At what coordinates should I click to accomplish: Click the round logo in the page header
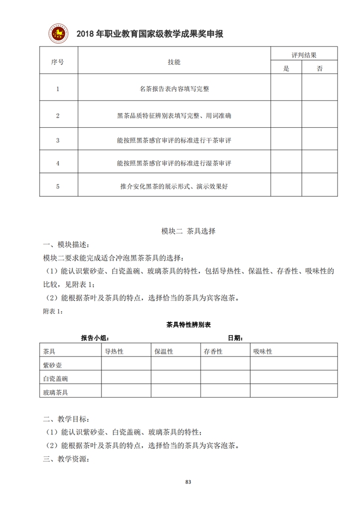tap(59, 33)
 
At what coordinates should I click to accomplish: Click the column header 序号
tap(58, 62)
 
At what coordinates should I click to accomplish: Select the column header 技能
tap(174, 62)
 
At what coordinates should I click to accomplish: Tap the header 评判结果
tap(304, 55)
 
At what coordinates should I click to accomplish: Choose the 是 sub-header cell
tap(286, 69)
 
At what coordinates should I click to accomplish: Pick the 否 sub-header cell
tap(319, 69)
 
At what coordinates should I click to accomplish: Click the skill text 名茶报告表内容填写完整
tap(174, 89)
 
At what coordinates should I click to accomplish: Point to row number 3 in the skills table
tap(58, 141)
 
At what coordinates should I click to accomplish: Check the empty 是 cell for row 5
tap(286, 186)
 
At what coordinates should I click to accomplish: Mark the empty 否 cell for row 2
tap(319, 115)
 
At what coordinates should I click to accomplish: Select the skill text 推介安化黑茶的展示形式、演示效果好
tap(174, 186)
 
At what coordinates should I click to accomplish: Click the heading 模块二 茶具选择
tap(188, 231)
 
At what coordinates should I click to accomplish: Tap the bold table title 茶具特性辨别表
tap(188, 325)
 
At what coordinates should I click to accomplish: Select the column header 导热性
tap(114, 351)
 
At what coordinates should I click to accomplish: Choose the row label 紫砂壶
tap(53, 365)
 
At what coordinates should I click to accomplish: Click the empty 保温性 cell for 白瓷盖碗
tap(176, 378)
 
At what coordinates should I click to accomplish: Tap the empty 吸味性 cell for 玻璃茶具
tap(294, 392)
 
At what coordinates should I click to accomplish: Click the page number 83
tap(188, 482)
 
